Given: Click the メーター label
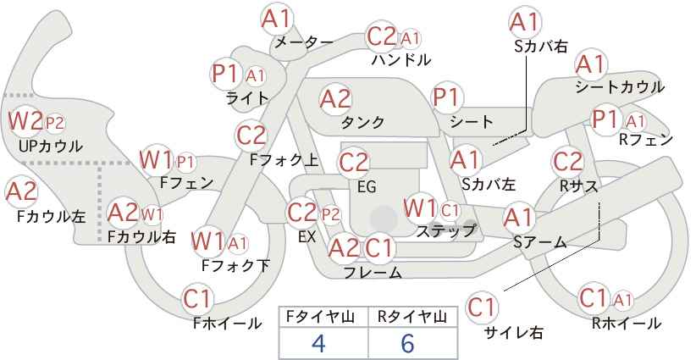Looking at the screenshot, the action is click(304, 42).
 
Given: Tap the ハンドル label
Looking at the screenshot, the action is click(401, 59).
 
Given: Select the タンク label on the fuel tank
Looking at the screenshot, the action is click(362, 122).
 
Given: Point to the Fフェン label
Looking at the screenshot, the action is click(186, 183).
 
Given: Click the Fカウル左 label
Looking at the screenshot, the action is click(51, 217).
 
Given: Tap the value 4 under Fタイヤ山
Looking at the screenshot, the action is click(318, 343).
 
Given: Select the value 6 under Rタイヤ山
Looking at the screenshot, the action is click(407, 343).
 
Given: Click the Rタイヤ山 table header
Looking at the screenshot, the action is click(412, 317).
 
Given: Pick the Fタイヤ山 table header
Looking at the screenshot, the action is click(320, 317).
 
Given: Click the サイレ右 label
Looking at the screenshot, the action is click(514, 333).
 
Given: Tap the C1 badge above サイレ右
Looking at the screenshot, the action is click(482, 307).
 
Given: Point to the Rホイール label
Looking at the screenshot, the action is click(627, 324).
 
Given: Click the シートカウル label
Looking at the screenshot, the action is click(620, 87).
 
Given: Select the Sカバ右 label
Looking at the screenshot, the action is click(541, 47).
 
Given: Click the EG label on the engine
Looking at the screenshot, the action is click(367, 187).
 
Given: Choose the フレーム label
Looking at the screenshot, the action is click(373, 272).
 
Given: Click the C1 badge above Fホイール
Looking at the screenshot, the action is click(197, 299).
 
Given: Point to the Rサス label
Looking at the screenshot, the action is click(578, 187).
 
